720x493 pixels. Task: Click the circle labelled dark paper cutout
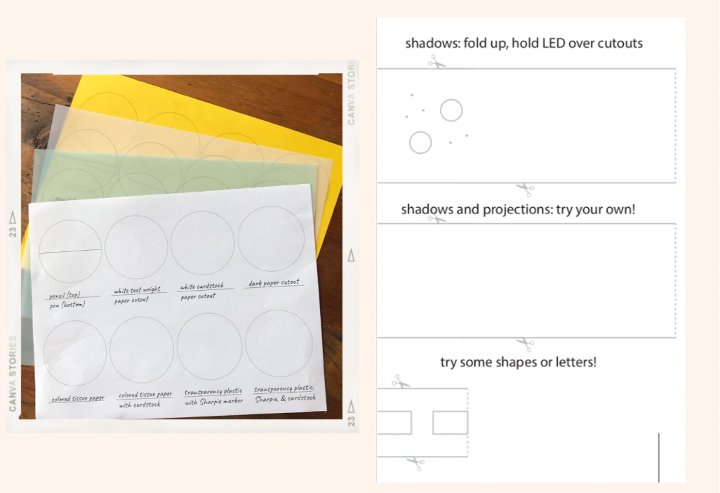pyautogui.click(x=271, y=239)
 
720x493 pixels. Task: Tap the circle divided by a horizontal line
pyautogui.click(x=70, y=251)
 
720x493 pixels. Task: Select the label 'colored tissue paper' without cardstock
pyautogui.click(x=77, y=399)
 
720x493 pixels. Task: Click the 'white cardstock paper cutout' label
pyautogui.click(x=202, y=291)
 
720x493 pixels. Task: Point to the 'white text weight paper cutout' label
pyautogui.click(x=138, y=296)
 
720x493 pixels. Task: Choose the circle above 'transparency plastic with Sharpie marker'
pyautogui.click(x=209, y=347)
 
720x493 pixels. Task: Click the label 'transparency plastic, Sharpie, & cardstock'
pyautogui.click(x=284, y=393)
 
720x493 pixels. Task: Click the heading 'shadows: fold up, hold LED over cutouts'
pyautogui.click(x=524, y=43)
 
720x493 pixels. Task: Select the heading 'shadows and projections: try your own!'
pyautogui.click(x=518, y=209)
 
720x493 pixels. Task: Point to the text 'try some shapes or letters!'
pyautogui.click(x=518, y=362)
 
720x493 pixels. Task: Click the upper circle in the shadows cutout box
pyautogui.click(x=451, y=110)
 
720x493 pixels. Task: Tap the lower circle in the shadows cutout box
pyautogui.click(x=420, y=143)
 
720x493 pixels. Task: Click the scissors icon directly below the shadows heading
pyautogui.click(x=436, y=63)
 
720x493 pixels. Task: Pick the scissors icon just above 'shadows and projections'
pyautogui.click(x=524, y=188)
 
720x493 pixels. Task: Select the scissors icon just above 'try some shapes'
pyautogui.click(x=525, y=344)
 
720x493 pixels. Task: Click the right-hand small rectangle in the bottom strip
pyautogui.click(x=450, y=423)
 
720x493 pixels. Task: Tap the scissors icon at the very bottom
pyautogui.click(x=415, y=462)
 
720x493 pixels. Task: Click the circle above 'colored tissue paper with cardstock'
pyautogui.click(x=142, y=350)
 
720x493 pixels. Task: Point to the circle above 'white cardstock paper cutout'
pyautogui.click(x=203, y=242)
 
